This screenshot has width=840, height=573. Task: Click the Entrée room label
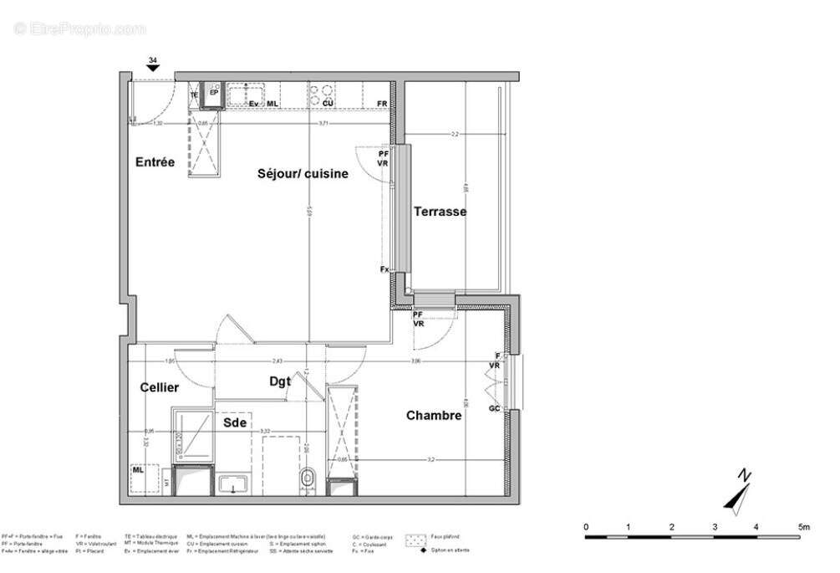pos(155,162)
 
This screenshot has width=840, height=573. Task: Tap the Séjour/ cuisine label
pos(302,173)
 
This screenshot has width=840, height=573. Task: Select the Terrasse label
pos(440,212)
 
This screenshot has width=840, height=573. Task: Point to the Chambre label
pos(434,416)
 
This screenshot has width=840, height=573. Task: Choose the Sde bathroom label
pos(235,422)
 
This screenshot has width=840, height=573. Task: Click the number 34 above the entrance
pos(152,61)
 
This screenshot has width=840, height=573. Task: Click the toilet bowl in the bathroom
pos(308,478)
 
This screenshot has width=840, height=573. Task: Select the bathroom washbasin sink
pos(229,484)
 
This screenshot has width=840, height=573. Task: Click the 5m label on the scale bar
pos(803,527)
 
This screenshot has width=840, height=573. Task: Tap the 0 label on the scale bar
pos(586,527)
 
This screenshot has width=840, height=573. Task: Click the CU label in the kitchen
pos(328,104)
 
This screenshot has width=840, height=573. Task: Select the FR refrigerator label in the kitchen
pos(382,104)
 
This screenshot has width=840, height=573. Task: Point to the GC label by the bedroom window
pos(494,408)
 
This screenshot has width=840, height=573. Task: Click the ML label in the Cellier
pos(138,471)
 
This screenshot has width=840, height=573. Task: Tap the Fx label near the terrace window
pos(384,269)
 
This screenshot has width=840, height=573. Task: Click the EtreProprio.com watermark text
pos(79,28)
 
